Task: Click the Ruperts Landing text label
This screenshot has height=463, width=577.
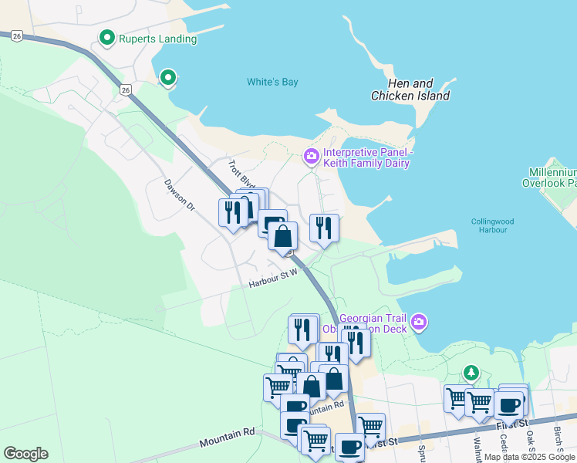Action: pos(158,39)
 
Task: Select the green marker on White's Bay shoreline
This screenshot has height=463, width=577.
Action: pos(167,77)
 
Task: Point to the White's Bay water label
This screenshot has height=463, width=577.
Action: pos(272,83)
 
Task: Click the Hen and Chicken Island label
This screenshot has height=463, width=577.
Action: pos(410,90)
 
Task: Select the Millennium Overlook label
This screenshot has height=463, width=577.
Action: pos(552,178)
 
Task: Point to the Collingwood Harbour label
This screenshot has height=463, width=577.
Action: pos(491,225)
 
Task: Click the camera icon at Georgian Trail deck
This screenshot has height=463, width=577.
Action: pos(418,321)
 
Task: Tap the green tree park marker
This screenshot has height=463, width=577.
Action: pos(471,373)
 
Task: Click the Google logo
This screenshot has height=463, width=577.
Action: pos(25,454)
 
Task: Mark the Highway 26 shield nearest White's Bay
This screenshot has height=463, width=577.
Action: pos(125,90)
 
